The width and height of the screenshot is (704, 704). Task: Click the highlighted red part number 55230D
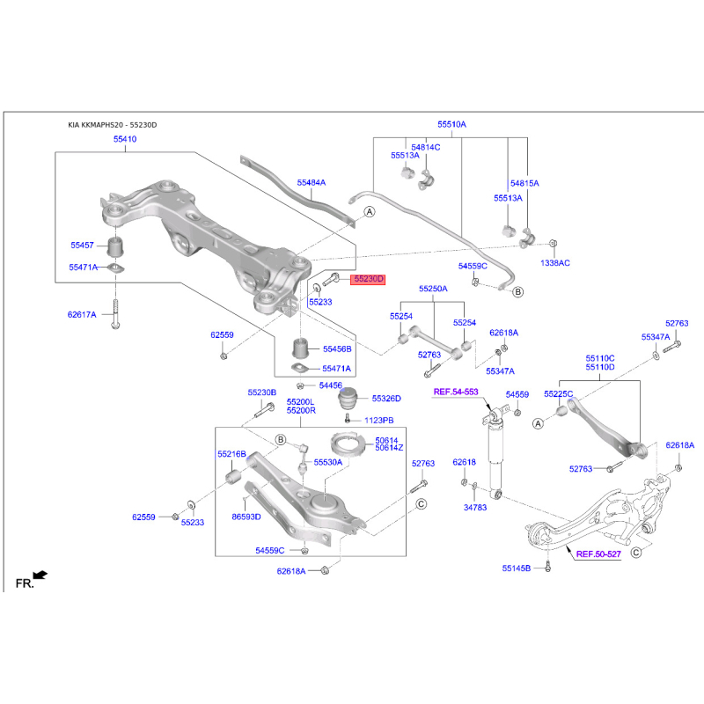[369, 280]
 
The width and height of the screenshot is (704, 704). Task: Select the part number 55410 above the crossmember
[124, 140]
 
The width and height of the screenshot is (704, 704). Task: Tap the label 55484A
[311, 182]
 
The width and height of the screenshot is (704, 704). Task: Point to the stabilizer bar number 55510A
[451, 125]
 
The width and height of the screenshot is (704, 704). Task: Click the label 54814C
[425, 147]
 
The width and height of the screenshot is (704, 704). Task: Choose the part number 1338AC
[555, 262]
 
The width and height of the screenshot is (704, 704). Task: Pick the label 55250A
[432, 289]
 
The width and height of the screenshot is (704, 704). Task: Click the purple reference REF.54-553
[455, 391]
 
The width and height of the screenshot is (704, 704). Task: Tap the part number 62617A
[82, 313]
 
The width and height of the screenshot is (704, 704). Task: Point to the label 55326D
[385, 399]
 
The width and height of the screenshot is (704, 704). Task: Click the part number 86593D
[246, 517]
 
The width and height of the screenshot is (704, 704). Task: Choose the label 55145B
[517, 568]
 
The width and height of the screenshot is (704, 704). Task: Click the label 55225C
[558, 393]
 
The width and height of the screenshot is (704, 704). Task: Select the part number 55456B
[336, 349]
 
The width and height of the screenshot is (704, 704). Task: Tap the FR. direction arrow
[40, 576]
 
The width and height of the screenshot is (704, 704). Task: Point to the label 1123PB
[378, 421]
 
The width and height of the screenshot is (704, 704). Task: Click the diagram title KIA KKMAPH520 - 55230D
[112, 125]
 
